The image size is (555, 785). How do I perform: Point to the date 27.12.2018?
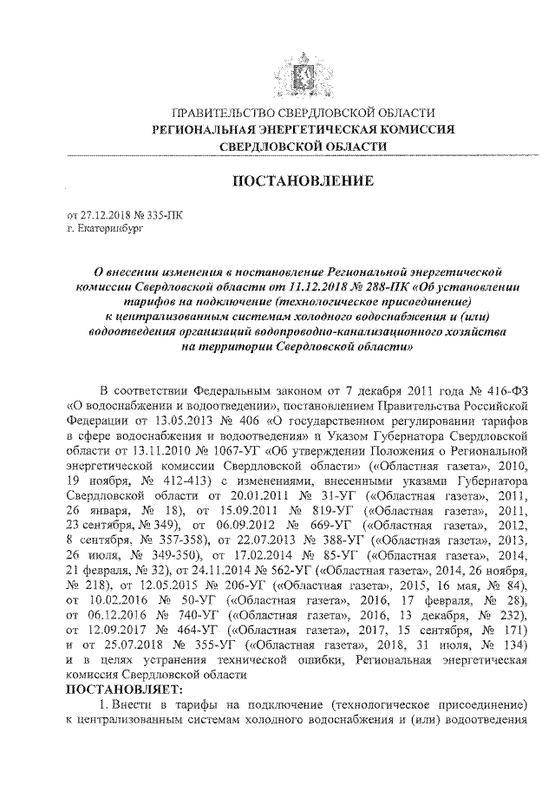tap(103, 213)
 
